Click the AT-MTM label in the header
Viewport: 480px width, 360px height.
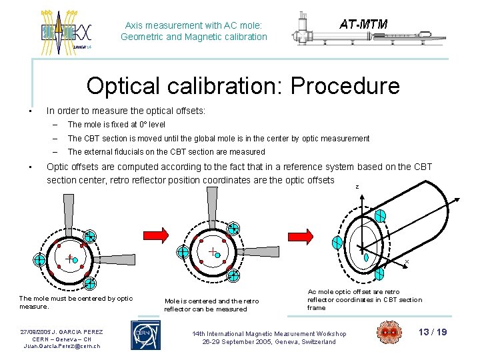(363, 24)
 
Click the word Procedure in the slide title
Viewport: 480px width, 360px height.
(341, 86)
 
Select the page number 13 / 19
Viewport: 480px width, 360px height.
(433, 332)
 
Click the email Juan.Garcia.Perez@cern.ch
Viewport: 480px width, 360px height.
(61, 346)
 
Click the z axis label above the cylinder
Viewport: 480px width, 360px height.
(357, 187)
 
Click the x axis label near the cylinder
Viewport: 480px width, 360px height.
(407, 261)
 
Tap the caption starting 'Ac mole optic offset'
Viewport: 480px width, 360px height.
(364, 299)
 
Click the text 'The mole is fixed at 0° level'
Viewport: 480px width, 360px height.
(117, 125)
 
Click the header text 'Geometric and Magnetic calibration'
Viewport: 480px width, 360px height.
(193, 37)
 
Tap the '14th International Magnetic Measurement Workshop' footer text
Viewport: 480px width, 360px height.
(269, 333)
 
